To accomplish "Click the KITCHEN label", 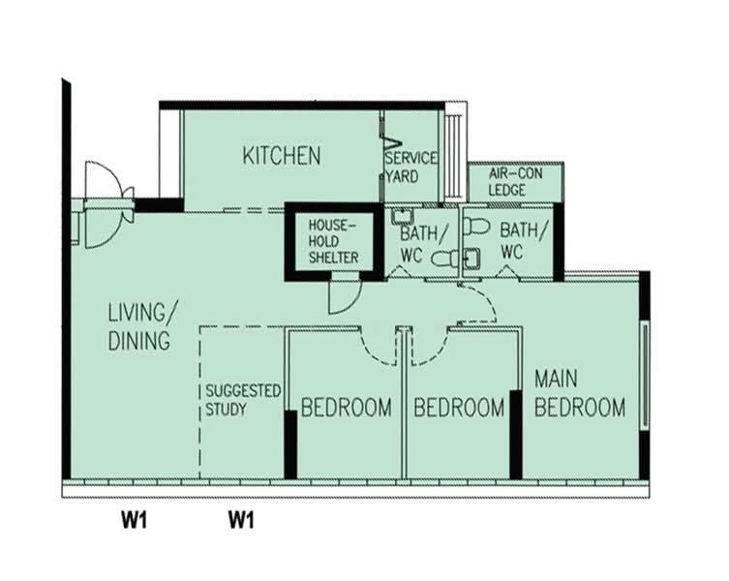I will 281,155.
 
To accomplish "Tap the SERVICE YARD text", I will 410,167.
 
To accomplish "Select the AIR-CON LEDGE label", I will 506,182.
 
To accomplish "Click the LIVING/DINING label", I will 142,326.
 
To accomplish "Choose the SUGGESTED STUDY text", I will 242,399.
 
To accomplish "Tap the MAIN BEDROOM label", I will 580,392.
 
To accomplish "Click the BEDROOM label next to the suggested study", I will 346,408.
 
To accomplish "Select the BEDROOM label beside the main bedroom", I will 459,408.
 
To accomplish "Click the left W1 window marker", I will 134,521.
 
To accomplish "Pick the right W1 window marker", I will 240,521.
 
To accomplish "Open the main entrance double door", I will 105,204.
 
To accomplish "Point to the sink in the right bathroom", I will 471,258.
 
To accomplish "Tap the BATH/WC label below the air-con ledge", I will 524,240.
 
